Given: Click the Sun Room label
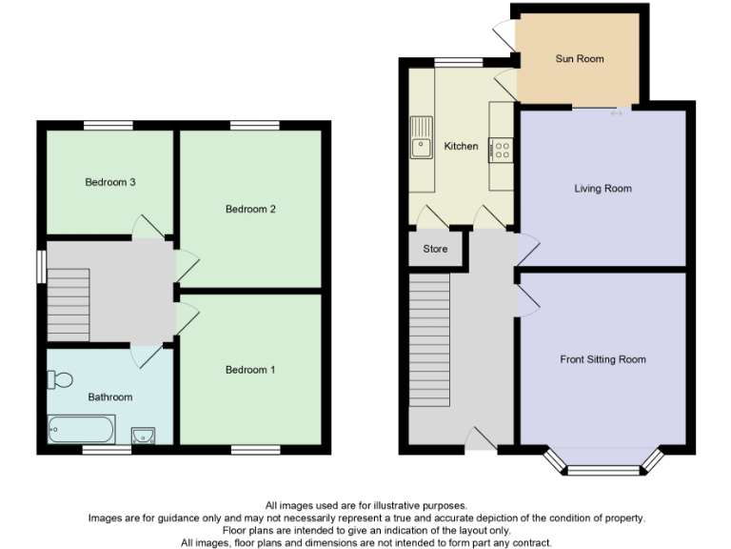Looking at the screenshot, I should tap(580, 59).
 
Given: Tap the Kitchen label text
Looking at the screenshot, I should tap(461, 146).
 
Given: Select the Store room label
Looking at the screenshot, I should tap(435, 250).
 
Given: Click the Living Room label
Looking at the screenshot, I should tap(603, 189).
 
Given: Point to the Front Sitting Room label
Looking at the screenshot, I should tap(603, 359).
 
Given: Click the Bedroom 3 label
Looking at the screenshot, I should tap(109, 182).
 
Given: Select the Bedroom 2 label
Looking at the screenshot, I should tap(250, 209).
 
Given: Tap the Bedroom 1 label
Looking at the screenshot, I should tap(250, 370).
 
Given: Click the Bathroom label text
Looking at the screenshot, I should tap(110, 396).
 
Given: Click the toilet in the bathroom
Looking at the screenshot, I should tap(59, 380).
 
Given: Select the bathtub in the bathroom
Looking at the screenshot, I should tap(82, 430).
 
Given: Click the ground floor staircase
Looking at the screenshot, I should tap(429, 340).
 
